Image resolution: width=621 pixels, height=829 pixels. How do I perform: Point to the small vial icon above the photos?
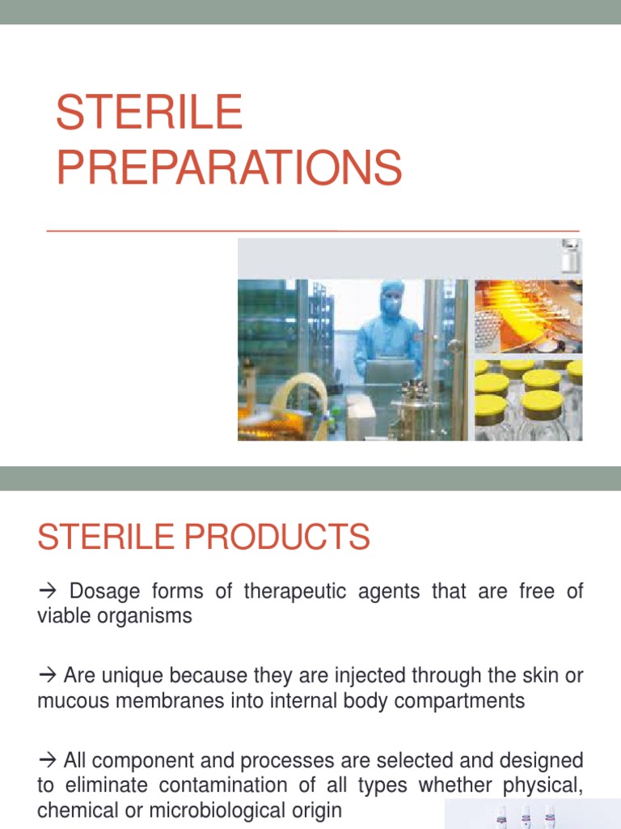coord(571,257)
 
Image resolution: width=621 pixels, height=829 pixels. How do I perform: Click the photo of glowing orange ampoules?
coord(527,317)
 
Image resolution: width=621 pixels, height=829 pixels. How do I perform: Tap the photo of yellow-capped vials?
coord(527,400)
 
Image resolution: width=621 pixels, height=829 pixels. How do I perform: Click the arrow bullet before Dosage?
coord(48,592)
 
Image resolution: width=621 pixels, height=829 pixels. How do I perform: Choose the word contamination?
coord(221,784)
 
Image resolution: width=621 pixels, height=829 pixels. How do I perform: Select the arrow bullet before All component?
coord(48,760)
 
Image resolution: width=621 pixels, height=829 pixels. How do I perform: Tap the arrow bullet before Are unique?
coord(48,675)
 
